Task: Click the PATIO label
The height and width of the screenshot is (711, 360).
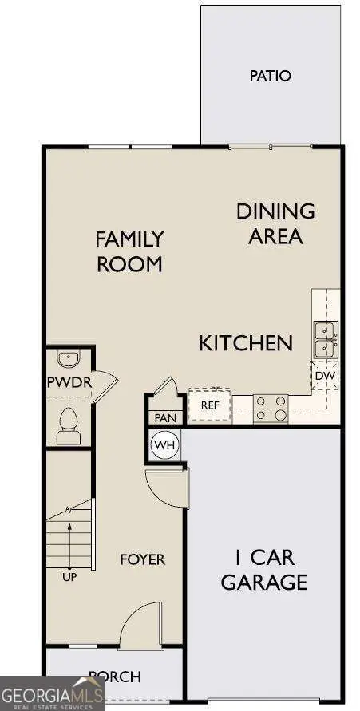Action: click(x=270, y=77)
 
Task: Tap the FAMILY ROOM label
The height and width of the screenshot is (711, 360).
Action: click(x=129, y=251)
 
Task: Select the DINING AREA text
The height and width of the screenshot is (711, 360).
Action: click(x=275, y=223)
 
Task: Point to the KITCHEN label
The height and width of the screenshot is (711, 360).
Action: click(x=245, y=343)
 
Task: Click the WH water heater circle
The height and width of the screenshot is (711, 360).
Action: click(x=164, y=444)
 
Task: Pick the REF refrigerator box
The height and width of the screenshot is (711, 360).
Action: click(x=209, y=405)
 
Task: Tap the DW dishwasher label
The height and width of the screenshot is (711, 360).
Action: click(x=325, y=375)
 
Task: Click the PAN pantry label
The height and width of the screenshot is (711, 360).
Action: click(x=165, y=417)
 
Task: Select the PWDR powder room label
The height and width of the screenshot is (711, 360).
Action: click(x=69, y=382)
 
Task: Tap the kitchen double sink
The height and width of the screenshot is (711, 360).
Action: click(x=326, y=339)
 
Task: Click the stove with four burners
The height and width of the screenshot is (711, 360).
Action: click(x=271, y=407)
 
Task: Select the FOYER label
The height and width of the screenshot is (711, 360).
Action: click(x=142, y=559)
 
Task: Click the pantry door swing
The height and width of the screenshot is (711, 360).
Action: click(x=166, y=389)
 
